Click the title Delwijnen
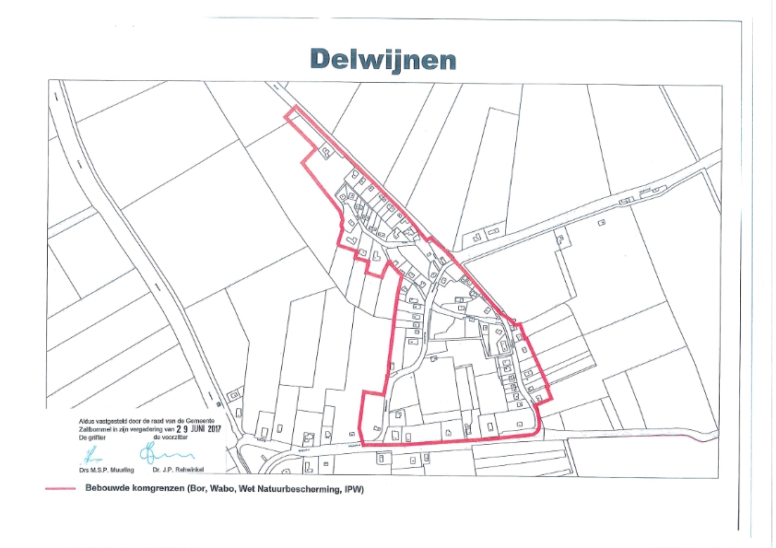[x=383, y=57]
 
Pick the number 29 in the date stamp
[x=170, y=428]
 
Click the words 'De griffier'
[x=92, y=437]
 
